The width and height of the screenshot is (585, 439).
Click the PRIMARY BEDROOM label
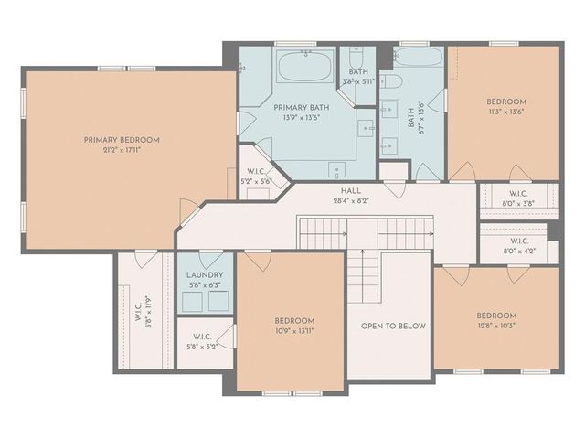[122, 140]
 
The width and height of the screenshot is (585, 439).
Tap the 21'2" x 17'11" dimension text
[122, 150]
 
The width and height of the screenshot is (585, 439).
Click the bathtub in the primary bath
[305, 67]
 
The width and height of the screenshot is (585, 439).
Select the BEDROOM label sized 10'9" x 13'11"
[294, 320]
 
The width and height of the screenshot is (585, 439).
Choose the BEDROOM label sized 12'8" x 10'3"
[496, 316]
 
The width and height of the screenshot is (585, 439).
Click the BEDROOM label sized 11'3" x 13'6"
[505, 102]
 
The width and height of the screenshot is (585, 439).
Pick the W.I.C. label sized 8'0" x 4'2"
[518, 241]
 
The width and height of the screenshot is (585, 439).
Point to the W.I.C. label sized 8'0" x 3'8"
[518, 193]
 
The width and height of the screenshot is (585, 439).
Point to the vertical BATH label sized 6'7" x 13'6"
[411, 117]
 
